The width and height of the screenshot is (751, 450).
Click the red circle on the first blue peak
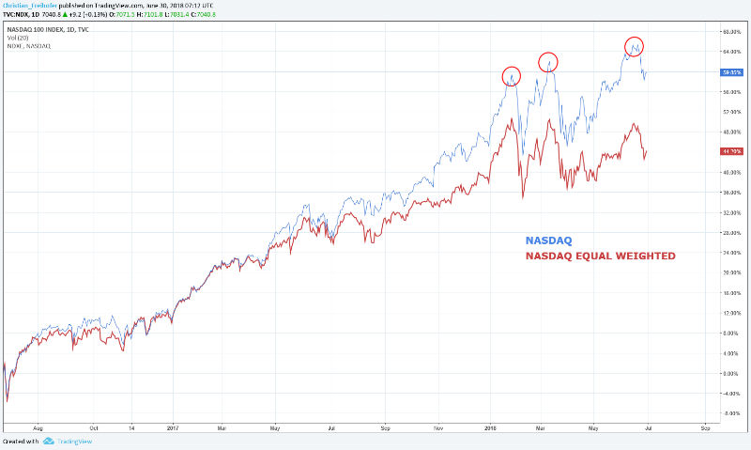tap(511, 75)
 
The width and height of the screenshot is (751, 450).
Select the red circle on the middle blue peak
tap(549, 62)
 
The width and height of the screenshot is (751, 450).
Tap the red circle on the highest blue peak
tap(634, 45)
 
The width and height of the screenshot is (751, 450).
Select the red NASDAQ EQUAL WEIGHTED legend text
tap(600, 255)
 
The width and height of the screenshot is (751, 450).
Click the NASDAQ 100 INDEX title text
tap(46, 28)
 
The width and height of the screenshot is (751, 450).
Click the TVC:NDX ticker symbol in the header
tap(20, 15)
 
